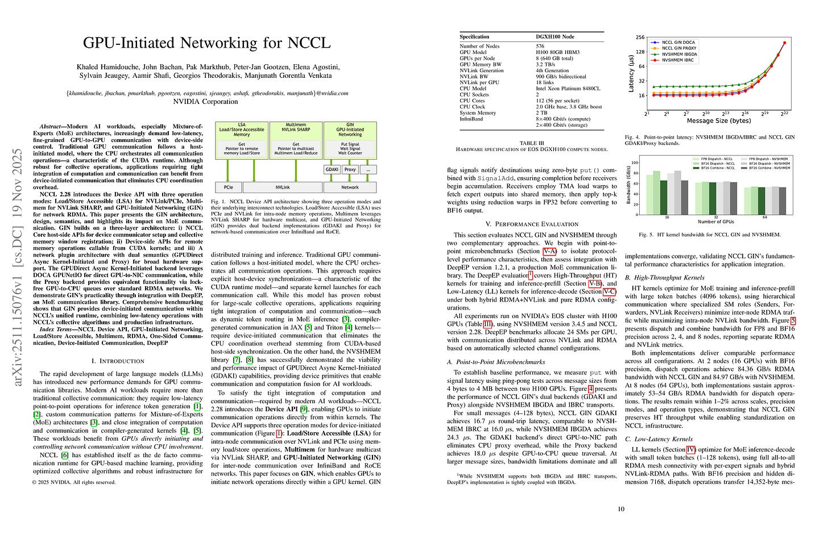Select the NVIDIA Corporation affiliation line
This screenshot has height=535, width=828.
pyautogui.click(x=207, y=102)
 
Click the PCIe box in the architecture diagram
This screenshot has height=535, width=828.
pyautogui.click(x=228, y=187)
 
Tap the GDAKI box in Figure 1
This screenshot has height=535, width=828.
pyautogui.click(x=332, y=169)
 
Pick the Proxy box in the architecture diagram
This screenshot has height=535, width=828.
pyautogui.click(x=350, y=169)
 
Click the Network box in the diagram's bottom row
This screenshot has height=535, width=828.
pyautogui.click(x=350, y=187)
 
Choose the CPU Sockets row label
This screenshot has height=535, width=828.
pyautogui.click(x=474, y=95)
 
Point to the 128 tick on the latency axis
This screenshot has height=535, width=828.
pyautogui.click(x=640, y=52)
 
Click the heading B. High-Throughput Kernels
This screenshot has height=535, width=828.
pyautogui.click(x=664, y=277)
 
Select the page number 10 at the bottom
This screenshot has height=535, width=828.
pyautogui.click(x=620, y=508)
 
